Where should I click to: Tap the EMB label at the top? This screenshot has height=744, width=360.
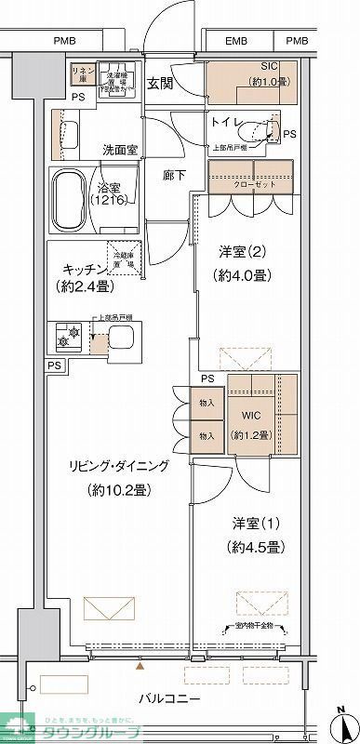click(237, 41)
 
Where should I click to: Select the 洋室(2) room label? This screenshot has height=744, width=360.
click(237, 250)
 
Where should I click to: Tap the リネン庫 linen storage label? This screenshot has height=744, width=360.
click(81, 73)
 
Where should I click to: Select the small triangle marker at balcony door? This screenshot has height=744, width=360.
click(140, 667)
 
